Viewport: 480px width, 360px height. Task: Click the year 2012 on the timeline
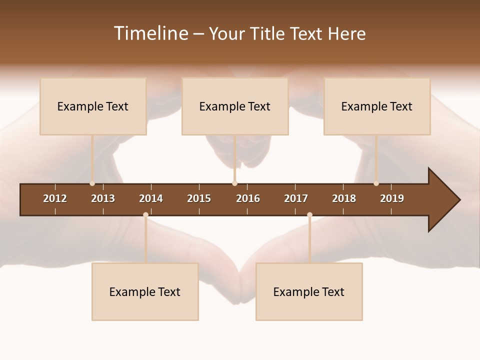(55, 198)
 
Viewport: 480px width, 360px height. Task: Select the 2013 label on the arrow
(103, 198)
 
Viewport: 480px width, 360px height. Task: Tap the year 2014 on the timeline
(151, 198)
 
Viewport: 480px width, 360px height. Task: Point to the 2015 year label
(199, 198)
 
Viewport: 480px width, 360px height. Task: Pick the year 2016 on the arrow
(248, 198)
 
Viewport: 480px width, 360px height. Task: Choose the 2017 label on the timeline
(296, 198)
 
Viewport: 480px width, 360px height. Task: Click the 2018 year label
(344, 198)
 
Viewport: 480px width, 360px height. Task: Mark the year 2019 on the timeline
(392, 198)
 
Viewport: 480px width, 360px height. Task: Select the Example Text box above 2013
(93, 106)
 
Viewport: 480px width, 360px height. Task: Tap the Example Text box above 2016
(235, 106)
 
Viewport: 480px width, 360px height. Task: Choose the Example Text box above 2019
(377, 106)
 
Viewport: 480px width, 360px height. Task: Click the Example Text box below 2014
(145, 291)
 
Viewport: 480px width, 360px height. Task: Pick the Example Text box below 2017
(309, 291)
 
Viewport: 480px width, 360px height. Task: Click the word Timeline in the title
(150, 33)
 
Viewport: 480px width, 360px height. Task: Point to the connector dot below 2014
(145, 214)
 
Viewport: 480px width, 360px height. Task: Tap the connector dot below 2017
(309, 214)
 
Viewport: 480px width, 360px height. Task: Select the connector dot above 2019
(376, 183)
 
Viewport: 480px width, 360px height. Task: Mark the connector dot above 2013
(92, 183)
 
